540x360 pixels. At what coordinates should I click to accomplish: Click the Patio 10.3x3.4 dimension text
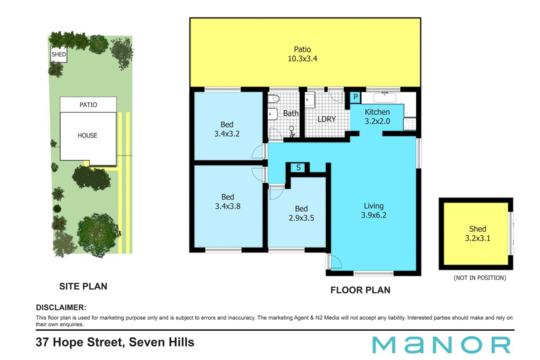click(x=302, y=59)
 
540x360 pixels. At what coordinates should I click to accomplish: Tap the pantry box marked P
click(x=355, y=98)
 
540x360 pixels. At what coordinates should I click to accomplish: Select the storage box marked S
click(x=298, y=168)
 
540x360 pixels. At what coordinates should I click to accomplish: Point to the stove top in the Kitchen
click(x=410, y=124)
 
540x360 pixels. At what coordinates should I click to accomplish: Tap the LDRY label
click(x=326, y=119)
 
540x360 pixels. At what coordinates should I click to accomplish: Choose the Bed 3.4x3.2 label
click(x=227, y=129)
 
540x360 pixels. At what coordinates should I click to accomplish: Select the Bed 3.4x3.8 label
click(x=228, y=202)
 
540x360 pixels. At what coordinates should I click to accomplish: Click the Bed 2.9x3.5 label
click(x=301, y=213)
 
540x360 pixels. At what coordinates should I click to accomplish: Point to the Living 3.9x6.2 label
click(x=374, y=211)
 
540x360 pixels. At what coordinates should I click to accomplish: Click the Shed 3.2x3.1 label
click(x=478, y=233)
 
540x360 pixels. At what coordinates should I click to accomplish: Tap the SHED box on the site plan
click(x=59, y=54)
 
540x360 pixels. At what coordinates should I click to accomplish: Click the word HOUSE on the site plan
click(x=88, y=135)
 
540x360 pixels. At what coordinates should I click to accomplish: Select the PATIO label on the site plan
click(x=88, y=105)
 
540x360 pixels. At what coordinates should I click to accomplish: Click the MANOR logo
click(x=441, y=345)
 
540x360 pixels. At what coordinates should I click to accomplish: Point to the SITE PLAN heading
click(x=83, y=286)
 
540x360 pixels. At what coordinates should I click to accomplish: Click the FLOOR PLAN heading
click(x=360, y=290)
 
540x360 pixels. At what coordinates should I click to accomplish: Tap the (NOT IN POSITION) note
click(x=480, y=278)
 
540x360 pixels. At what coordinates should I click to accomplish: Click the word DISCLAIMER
click(x=61, y=307)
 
